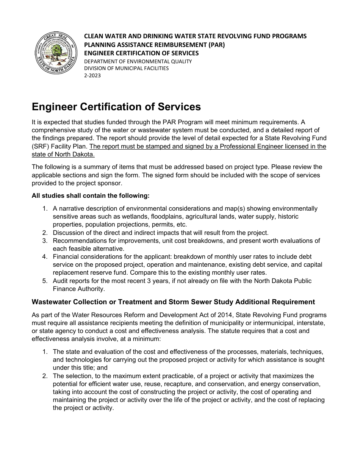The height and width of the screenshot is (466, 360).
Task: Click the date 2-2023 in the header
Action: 92,75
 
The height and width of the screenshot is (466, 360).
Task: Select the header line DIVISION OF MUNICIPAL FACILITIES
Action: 126,69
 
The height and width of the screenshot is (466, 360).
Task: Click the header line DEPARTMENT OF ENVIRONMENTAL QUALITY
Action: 138,61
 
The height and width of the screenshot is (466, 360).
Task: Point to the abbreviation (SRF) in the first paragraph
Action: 41,147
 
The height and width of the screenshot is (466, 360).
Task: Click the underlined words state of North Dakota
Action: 63,154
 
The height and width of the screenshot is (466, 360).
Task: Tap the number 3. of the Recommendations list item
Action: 45,241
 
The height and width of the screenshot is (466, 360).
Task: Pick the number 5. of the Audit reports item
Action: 45,281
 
